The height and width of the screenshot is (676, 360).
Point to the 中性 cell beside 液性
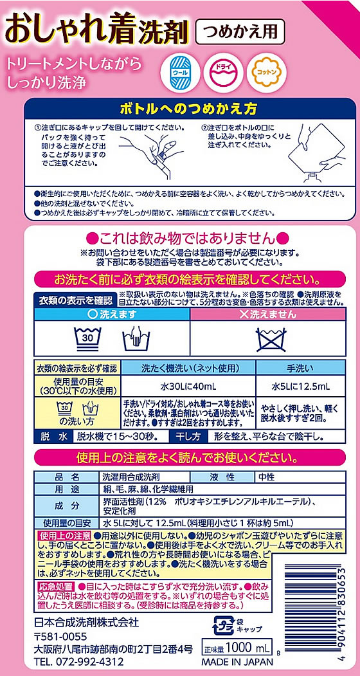tap(266, 477)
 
